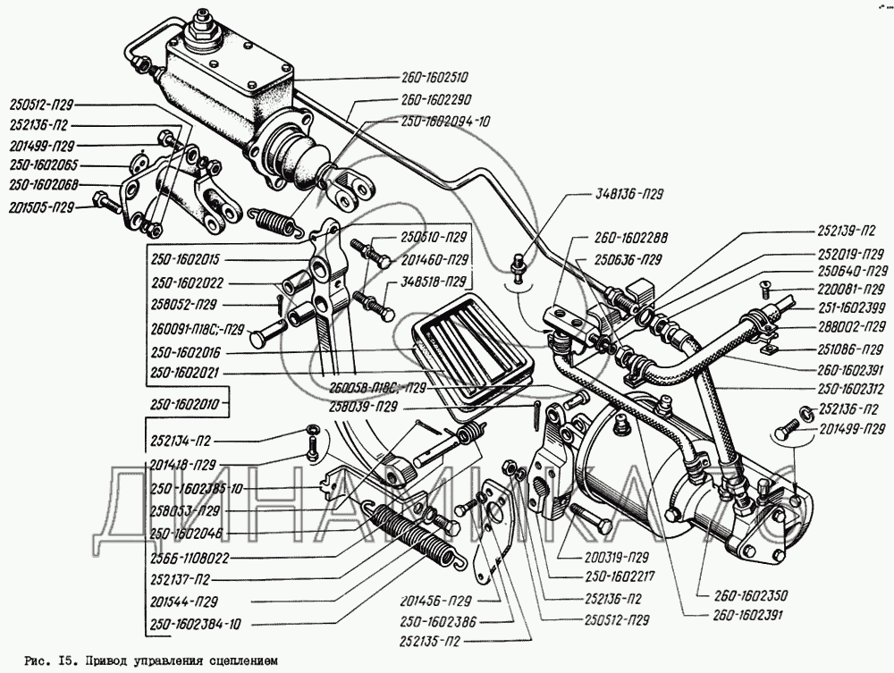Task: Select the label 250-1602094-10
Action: [446, 121]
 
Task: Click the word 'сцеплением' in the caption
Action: [241, 662]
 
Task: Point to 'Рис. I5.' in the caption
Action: [48, 662]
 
